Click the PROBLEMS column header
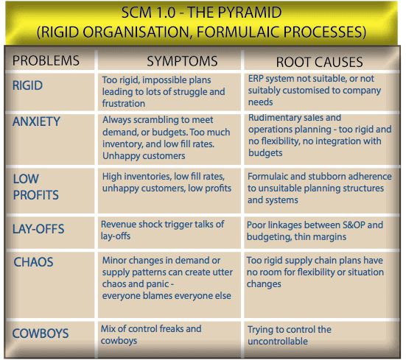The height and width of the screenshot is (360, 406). (x=46, y=61)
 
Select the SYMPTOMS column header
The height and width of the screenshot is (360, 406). (x=182, y=61)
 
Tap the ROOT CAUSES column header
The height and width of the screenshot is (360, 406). (x=319, y=63)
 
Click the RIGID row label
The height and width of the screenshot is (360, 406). (x=27, y=85)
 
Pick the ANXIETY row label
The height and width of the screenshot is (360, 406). (x=36, y=121)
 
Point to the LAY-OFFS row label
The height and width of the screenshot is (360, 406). (x=38, y=229)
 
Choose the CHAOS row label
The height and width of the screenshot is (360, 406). (x=33, y=262)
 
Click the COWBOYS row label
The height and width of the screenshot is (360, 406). (x=41, y=333)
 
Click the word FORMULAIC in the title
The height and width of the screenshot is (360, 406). (x=238, y=32)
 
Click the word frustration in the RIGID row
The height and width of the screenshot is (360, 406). (x=124, y=104)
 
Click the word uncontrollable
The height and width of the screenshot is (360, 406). (x=278, y=342)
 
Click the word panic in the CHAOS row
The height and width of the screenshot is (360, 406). (x=158, y=284)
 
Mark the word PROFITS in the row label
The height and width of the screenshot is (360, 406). (x=36, y=195)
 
